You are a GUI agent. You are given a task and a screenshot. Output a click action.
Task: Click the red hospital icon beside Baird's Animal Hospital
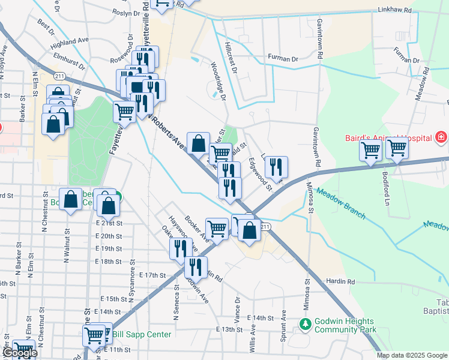coord(441,138)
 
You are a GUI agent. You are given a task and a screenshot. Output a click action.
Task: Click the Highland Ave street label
coord(70,43)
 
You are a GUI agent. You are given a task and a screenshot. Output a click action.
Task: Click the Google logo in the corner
coord(19,353)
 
